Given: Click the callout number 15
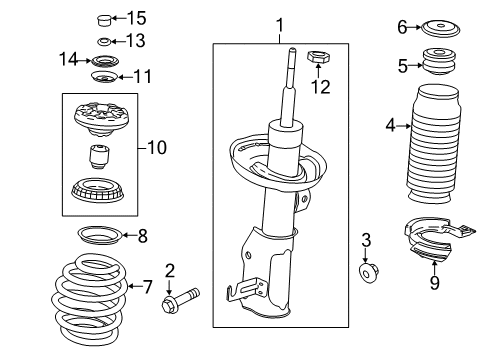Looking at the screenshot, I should point(136,17).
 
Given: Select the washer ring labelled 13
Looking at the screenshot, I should point(103,41).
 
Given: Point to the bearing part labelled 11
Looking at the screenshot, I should point(103,77).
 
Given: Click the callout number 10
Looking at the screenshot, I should point(157,148).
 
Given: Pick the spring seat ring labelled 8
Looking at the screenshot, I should point(101,237).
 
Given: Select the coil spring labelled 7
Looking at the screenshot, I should point(90,287).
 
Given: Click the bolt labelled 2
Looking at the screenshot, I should point(184,296).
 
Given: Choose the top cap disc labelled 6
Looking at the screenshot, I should point(436,27).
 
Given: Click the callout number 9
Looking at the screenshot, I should point(434,283).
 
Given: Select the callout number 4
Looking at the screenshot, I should point(391,125).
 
